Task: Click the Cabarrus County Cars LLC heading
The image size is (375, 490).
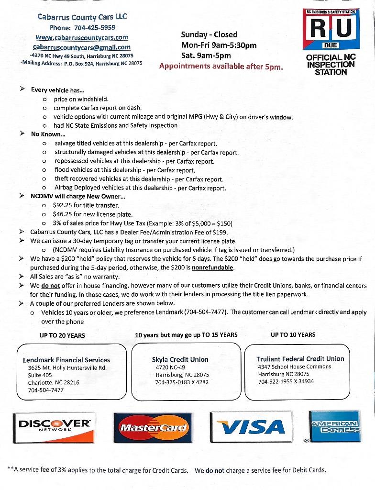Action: click(82, 17)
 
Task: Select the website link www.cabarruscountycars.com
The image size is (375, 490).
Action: click(82, 37)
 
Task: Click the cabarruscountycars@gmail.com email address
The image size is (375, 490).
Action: click(82, 47)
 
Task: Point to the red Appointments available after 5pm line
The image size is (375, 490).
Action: click(221, 67)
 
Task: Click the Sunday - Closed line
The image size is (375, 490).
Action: click(209, 34)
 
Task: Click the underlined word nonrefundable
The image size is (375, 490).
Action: click(213, 267)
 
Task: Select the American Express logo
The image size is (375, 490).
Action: click(334, 426)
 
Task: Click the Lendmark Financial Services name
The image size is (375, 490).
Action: click(66, 360)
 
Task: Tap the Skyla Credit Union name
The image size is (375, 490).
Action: click(180, 359)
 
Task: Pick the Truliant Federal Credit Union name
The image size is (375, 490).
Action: click(300, 358)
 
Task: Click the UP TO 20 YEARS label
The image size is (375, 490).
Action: click(62, 335)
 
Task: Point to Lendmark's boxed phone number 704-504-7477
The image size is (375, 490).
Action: click(46, 390)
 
